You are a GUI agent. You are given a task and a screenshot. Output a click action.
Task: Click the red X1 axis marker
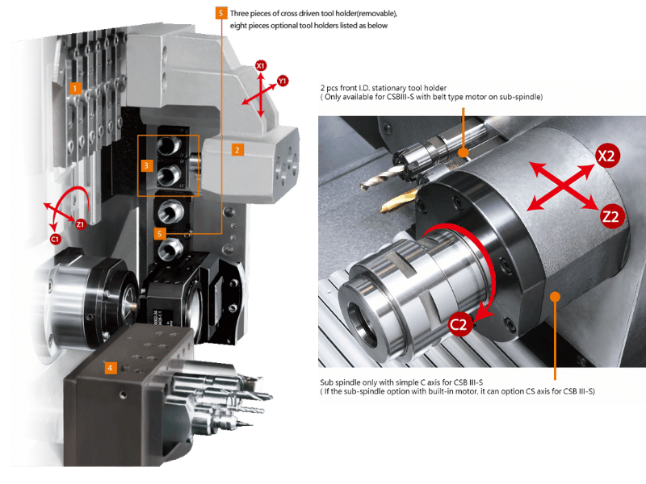click(x=260, y=65)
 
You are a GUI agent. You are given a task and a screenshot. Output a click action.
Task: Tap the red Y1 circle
click(x=282, y=81)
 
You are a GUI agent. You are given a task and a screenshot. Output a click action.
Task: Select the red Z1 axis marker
click(x=80, y=224)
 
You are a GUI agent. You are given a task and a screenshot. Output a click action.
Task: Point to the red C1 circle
click(x=55, y=239)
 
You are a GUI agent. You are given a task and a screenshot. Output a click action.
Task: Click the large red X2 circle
click(x=607, y=156)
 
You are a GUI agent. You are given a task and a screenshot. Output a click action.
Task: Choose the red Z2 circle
click(x=611, y=216)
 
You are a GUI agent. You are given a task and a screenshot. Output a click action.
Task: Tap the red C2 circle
click(x=459, y=325)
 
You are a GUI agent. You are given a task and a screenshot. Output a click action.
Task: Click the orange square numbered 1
click(x=75, y=88)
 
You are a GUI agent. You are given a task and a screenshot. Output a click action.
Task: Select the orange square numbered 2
click(x=237, y=150)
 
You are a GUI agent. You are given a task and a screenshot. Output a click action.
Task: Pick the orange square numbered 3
click(x=147, y=166)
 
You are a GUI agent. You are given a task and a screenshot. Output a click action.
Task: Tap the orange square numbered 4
click(x=110, y=368)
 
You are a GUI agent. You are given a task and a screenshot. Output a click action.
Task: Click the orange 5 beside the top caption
click(x=221, y=13)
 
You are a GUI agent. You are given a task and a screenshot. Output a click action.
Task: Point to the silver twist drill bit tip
click(x=363, y=188)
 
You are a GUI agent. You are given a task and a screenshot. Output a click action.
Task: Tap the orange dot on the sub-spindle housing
click(x=556, y=296)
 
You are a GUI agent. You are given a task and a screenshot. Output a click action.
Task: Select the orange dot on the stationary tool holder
click(x=464, y=152)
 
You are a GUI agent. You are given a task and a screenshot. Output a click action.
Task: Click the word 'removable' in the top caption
click(x=375, y=14)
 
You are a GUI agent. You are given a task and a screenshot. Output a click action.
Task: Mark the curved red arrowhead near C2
click(x=483, y=314)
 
